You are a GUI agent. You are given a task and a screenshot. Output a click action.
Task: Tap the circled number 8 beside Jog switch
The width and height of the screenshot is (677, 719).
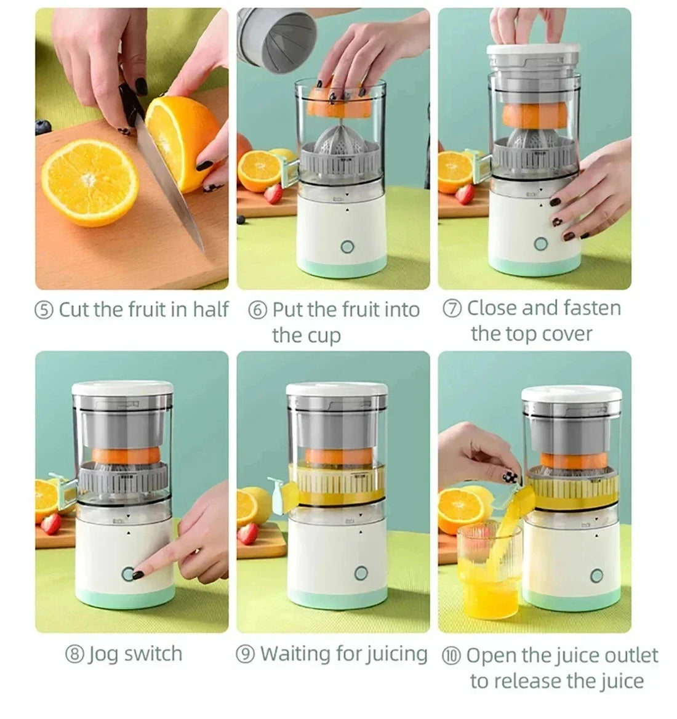pos(74,654)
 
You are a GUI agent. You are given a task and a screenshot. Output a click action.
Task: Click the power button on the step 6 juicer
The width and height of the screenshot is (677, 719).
pos(347,247)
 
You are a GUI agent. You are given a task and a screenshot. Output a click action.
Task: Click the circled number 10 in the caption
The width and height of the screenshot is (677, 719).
pos(451,655)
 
